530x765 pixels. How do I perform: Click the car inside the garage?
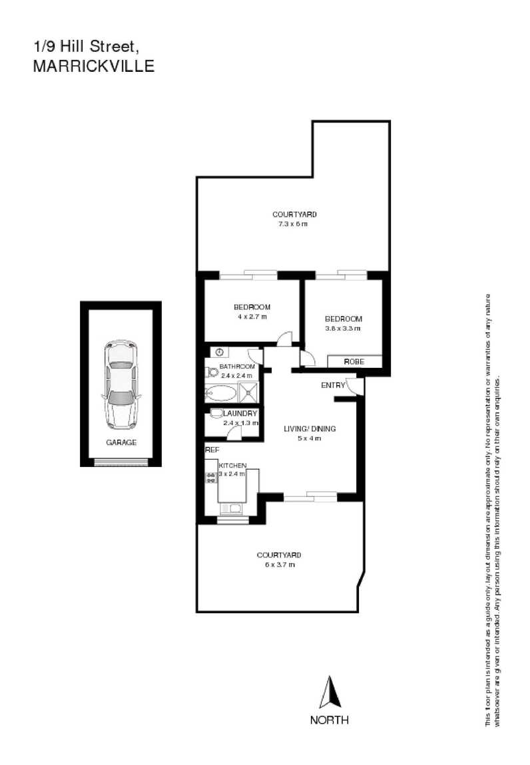tap(121, 384)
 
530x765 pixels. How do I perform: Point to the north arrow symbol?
tap(329, 693)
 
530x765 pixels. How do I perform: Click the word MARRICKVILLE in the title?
tap(93, 67)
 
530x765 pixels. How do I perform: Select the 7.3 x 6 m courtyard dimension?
tap(293, 224)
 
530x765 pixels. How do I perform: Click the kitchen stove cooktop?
tap(211, 476)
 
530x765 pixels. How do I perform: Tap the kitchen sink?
tap(233, 509)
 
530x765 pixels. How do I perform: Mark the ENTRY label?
tap(332, 385)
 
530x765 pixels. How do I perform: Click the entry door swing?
tap(358, 386)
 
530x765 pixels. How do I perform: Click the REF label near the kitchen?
tap(212, 450)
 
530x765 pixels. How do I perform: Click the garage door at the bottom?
tap(121, 462)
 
